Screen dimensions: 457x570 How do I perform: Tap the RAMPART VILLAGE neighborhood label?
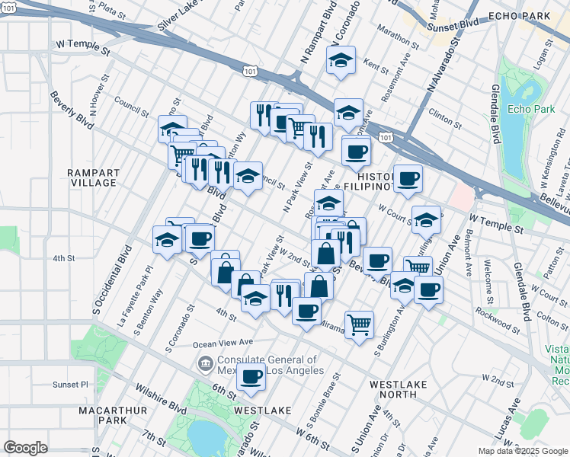click(91, 177)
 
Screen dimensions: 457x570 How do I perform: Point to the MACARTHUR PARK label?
click(102, 415)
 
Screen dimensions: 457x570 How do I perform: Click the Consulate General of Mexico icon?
click(205, 365)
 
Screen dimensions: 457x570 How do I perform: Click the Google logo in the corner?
click(26, 448)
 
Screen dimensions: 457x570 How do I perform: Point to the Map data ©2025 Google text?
click(521, 451)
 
